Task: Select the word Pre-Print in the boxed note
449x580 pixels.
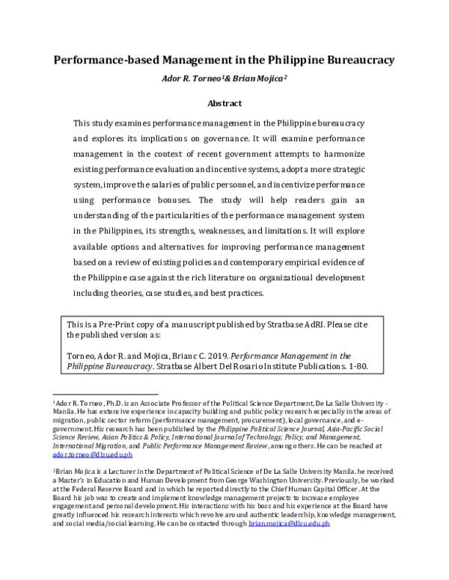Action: pyautogui.click(x=129, y=325)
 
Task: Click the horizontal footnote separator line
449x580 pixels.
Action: pyautogui.click(x=105, y=393)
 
